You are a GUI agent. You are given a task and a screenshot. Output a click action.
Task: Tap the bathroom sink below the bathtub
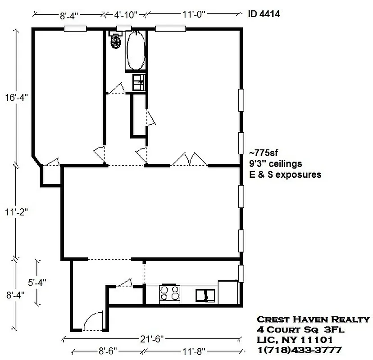tap(138, 82)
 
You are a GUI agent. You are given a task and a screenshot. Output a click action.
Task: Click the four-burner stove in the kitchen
tap(169, 294)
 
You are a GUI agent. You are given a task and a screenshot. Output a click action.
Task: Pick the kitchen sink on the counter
tap(205, 295)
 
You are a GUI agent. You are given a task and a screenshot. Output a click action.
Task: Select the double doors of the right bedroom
tap(189, 159)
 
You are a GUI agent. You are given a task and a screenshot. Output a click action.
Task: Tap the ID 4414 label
tap(264, 14)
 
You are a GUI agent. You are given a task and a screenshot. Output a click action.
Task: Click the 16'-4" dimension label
tap(18, 98)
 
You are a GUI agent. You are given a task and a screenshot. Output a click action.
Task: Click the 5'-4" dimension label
tap(37, 283)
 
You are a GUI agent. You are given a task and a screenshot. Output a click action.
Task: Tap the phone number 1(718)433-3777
tap(299, 350)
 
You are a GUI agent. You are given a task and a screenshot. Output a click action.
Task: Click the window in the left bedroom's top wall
tap(75, 29)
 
